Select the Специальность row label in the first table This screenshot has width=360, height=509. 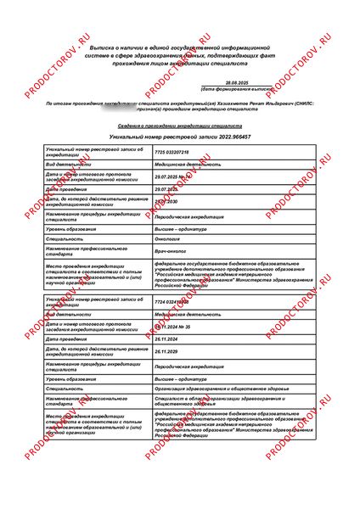tap(67, 239)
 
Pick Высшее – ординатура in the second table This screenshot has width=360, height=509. tap(181, 378)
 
